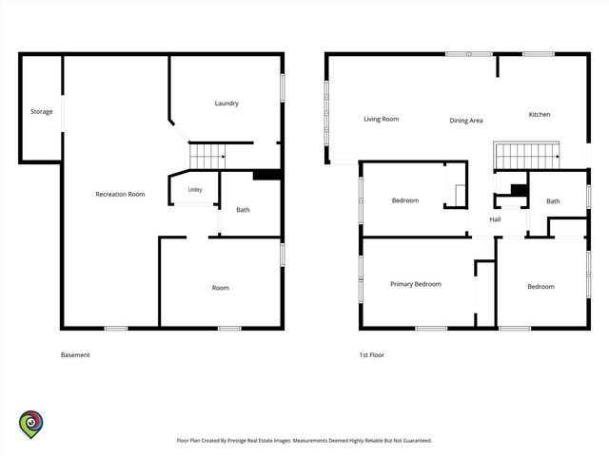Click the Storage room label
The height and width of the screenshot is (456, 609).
pyautogui.click(x=42, y=112)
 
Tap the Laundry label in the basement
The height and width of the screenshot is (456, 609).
pyautogui.click(x=226, y=104)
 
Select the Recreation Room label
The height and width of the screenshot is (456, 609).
pyautogui.click(x=120, y=194)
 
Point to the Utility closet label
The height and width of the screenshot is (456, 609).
pyautogui.click(x=195, y=190)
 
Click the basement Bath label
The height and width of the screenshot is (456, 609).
pyautogui.click(x=243, y=210)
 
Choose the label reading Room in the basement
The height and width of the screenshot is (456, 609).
pyautogui.click(x=220, y=288)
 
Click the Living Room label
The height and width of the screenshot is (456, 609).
pyautogui.click(x=381, y=119)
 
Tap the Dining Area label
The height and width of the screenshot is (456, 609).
pyautogui.click(x=466, y=121)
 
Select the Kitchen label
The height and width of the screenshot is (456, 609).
pyautogui.click(x=540, y=114)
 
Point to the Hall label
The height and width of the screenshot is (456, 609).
pyautogui.click(x=495, y=219)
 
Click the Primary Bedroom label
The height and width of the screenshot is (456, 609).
pyautogui.click(x=416, y=284)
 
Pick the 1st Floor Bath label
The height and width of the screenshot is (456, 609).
pyautogui.click(x=553, y=201)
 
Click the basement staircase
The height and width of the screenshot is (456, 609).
pyautogui.click(x=207, y=156)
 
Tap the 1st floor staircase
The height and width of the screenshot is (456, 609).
pyautogui.click(x=527, y=156)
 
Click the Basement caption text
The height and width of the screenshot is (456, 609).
pyautogui.click(x=75, y=354)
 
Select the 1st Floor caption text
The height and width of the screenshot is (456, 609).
pyautogui.click(x=372, y=354)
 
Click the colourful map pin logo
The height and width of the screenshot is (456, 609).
pyautogui.click(x=31, y=425)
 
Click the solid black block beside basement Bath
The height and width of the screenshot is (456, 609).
pyautogui.click(x=266, y=175)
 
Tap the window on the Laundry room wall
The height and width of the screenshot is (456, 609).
pyautogui.click(x=283, y=88)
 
